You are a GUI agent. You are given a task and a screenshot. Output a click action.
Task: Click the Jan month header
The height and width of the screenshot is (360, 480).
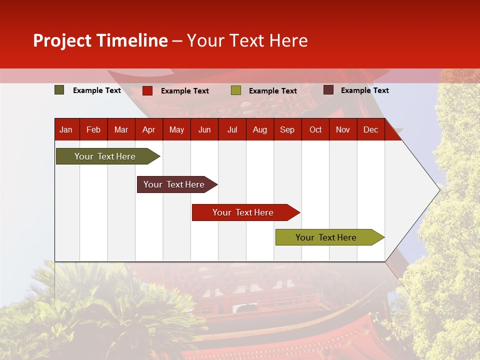[66, 129]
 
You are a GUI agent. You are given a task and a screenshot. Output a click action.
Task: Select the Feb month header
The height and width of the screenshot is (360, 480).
[93, 129]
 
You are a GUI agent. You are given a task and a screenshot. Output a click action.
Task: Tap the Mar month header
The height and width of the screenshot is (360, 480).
[121, 129]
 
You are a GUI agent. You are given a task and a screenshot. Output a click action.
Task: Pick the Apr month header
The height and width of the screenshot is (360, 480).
[149, 129]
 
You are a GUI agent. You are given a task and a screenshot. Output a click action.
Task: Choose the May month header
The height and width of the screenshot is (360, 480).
[176, 129]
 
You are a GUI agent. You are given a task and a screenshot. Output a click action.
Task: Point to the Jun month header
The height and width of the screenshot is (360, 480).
[204, 129]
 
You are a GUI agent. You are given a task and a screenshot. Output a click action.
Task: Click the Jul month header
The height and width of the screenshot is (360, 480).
[232, 129]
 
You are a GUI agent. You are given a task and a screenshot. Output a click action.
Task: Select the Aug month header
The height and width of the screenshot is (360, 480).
[260, 129]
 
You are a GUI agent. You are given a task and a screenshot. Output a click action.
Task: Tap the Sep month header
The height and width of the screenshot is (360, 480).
[287, 129]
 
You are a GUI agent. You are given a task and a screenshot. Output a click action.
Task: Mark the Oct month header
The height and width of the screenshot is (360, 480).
[315, 129]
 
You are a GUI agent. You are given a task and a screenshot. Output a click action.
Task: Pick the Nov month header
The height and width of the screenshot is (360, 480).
[343, 129]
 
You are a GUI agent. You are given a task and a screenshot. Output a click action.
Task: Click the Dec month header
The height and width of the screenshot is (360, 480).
[371, 129]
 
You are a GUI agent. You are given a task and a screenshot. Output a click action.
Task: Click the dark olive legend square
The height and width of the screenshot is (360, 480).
[59, 90]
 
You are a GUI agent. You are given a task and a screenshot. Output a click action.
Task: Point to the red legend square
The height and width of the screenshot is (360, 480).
[147, 90]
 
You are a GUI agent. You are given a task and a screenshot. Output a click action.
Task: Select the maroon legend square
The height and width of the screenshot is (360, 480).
[328, 90]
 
